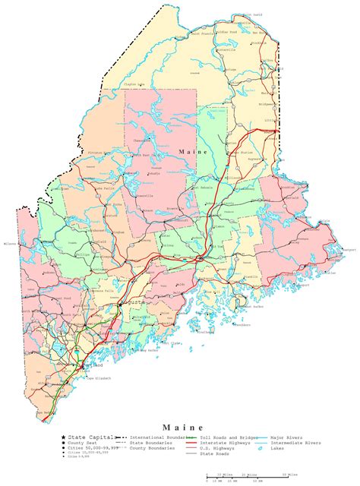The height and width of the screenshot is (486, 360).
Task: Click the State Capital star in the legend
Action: (x=64, y=438)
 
